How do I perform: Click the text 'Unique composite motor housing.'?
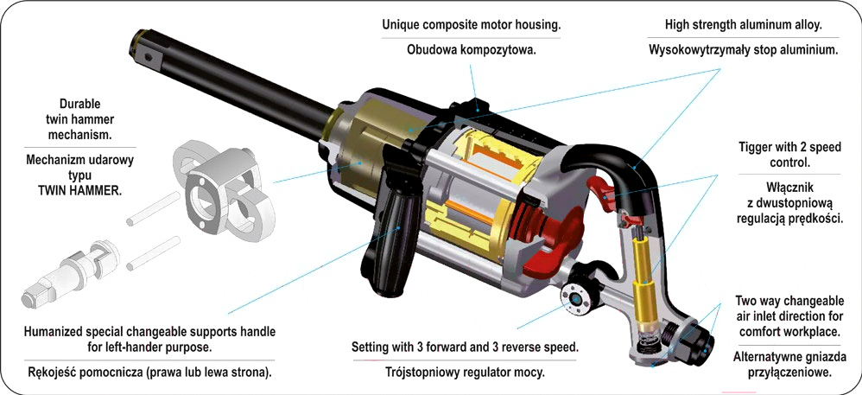pyautogui.click(x=471, y=24)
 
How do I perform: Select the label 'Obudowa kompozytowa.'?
pyautogui.click(x=472, y=49)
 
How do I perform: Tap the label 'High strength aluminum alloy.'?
pyautogui.click(x=744, y=24)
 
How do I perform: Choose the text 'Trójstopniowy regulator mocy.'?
pyautogui.click(x=465, y=373)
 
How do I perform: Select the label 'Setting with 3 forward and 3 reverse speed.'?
pyautogui.click(x=465, y=347)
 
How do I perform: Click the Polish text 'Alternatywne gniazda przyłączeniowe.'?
pyautogui.click(x=789, y=364)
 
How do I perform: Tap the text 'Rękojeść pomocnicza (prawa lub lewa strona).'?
pyautogui.click(x=148, y=373)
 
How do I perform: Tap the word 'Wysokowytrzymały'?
pyautogui.click(x=699, y=50)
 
